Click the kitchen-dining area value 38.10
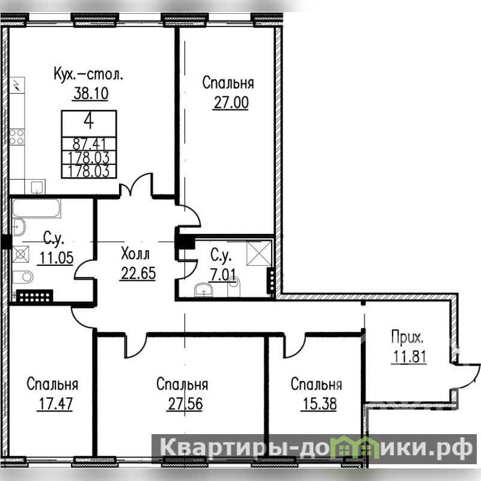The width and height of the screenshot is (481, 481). tap(91, 94)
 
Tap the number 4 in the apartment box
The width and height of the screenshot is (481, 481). tap(89, 121)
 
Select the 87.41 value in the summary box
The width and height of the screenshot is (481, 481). tap(89, 144)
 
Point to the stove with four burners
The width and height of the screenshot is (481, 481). tap(17, 137)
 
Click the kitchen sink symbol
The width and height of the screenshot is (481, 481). tap(37, 187)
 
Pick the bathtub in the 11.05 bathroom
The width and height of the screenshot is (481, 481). tap(36, 208)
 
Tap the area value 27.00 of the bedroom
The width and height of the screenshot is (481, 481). tap(231, 103)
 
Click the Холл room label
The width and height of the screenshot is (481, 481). tap(135, 254)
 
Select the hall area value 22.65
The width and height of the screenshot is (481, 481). tap(138, 273)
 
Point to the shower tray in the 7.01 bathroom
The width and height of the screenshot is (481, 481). tap(259, 253)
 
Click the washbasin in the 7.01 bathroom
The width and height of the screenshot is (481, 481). tap(203, 290)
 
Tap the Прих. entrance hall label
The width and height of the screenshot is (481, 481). tap(408, 338)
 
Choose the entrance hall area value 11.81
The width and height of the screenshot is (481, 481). tap(409, 357)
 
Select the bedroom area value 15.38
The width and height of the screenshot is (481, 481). tap(319, 404)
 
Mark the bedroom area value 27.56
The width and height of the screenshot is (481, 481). tap(185, 404)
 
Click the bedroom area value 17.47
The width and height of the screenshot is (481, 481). tap(55, 404)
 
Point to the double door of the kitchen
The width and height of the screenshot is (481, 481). tap(136, 185)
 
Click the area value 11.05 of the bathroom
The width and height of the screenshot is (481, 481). tap(56, 259)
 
